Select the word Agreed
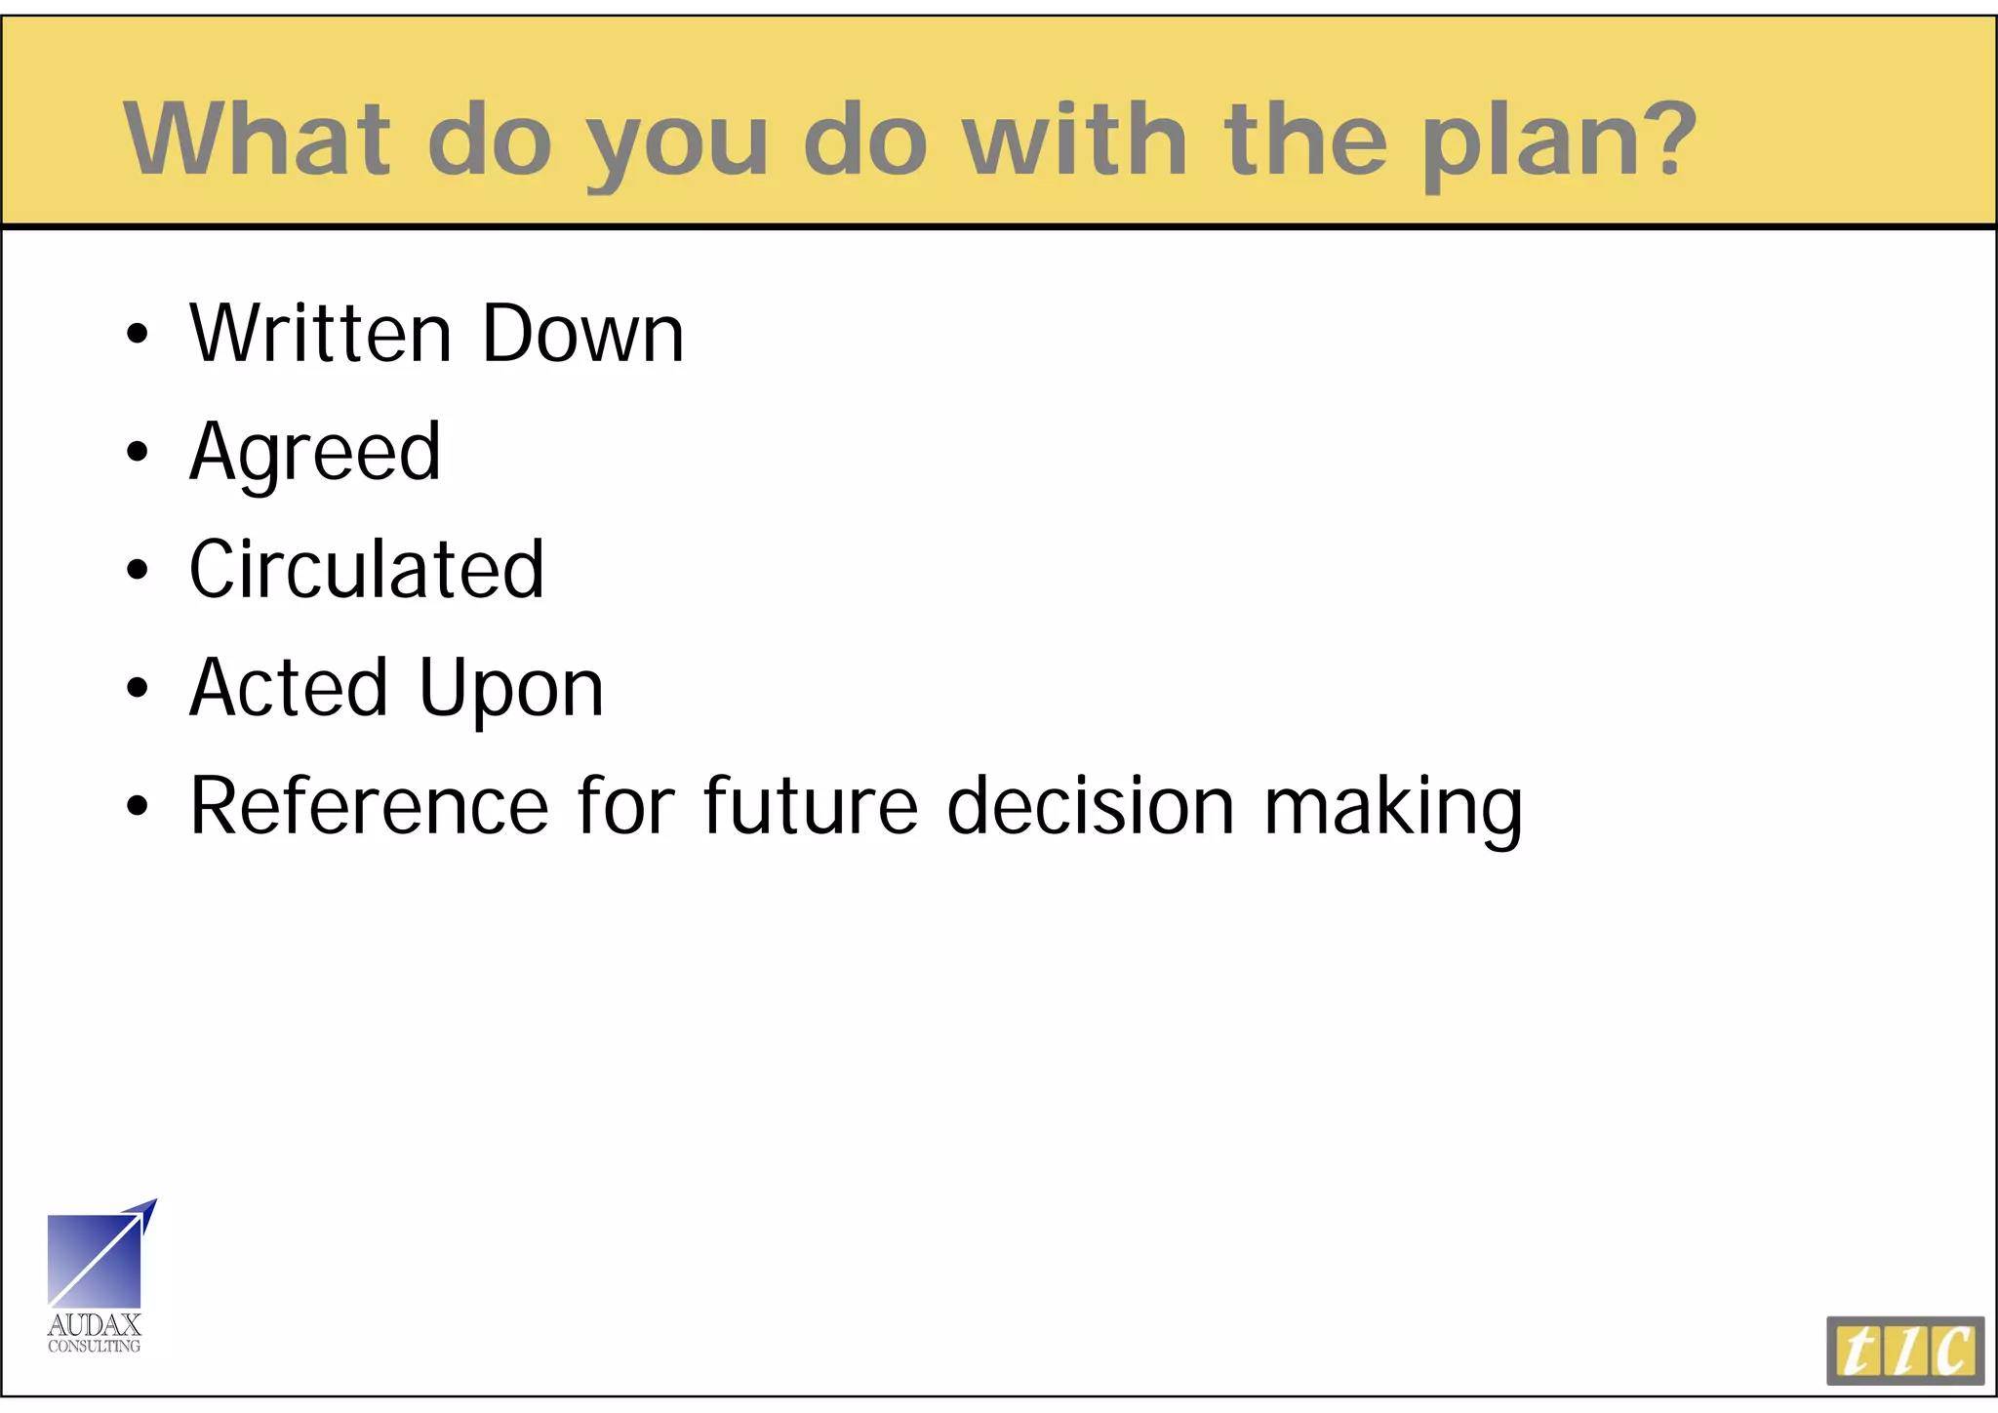point(315,453)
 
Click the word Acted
point(289,687)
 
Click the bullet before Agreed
point(138,452)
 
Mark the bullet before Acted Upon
point(138,688)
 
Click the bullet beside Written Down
point(138,334)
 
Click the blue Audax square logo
point(95,1260)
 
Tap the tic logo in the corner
point(1904,1351)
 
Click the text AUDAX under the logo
point(95,1325)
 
